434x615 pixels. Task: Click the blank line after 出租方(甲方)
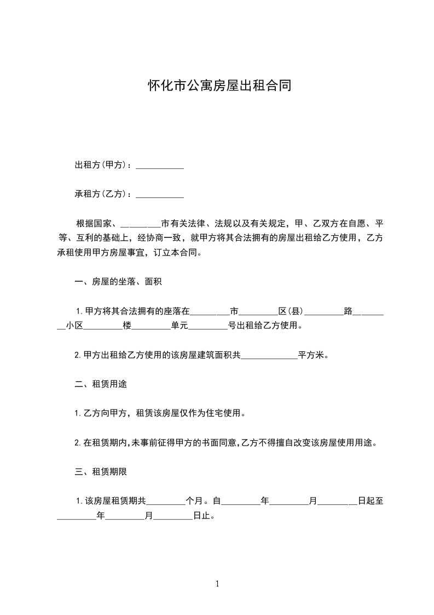159,166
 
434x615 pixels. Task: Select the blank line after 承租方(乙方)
159,195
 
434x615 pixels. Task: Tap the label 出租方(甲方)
102,165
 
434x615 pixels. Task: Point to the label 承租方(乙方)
102,194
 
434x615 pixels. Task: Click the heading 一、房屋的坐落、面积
118,282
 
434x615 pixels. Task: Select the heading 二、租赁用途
101,384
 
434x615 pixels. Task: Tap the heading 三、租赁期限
101,471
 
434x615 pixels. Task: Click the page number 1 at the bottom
217,584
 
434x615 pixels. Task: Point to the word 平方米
311,355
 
